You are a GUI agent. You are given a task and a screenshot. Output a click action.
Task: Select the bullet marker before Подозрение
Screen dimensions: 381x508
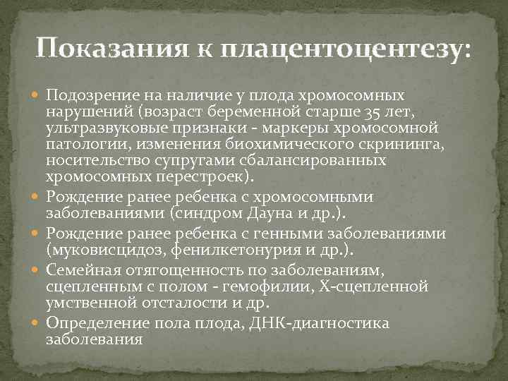tap(37, 95)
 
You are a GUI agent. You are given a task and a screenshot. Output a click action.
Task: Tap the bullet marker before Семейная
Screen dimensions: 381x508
tap(37, 270)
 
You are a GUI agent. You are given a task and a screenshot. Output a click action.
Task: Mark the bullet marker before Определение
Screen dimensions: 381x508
tap(37, 324)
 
